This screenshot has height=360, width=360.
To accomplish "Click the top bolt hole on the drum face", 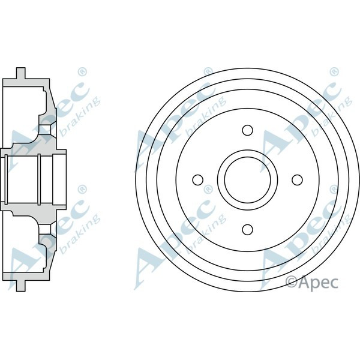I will pyautogui.click(x=247, y=130).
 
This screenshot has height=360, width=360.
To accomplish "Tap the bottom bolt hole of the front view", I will pyautogui.click(x=247, y=229).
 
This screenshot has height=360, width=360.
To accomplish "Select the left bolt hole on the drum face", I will pyautogui.click(x=197, y=179).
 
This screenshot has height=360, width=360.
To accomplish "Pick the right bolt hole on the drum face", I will pyautogui.click(x=296, y=179).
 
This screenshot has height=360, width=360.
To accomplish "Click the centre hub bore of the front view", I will pyautogui.click(x=247, y=179).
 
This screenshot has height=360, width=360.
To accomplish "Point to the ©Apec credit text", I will pyautogui.click(x=311, y=281).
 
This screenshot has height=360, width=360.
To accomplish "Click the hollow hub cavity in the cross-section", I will pyautogui.click(x=33, y=179).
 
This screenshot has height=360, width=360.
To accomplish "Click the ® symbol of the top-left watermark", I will pyautogui.click(x=82, y=71).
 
